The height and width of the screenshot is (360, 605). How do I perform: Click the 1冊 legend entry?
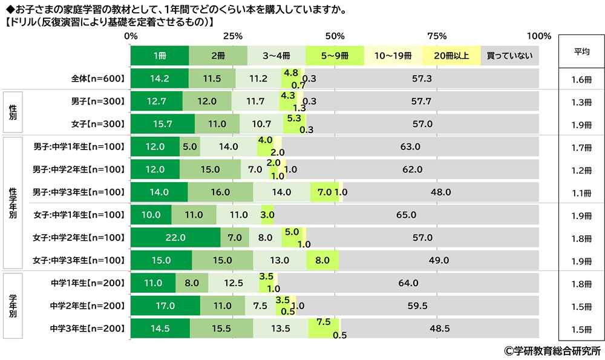[x=159, y=55]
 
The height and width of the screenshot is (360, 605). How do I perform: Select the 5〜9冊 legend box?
[x=335, y=55]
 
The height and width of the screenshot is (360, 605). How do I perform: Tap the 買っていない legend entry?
[x=509, y=55]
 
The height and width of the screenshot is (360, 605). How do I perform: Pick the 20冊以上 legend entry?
[x=451, y=55]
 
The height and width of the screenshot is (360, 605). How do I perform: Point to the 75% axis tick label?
[x=436, y=36]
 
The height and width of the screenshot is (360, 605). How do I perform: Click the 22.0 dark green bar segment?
[x=175, y=238]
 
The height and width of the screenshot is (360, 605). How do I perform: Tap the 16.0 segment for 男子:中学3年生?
[x=220, y=192]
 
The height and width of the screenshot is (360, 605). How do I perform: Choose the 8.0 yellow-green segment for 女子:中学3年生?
[x=322, y=261]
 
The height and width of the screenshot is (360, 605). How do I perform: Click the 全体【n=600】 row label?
[x=97, y=79]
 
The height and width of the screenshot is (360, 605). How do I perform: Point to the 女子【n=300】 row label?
[x=97, y=124]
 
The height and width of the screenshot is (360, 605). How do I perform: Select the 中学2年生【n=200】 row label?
[x=88, y=306]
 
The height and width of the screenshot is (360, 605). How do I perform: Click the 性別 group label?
[x=13, y=113]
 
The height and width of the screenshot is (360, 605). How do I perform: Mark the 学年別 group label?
[x=13, y=306]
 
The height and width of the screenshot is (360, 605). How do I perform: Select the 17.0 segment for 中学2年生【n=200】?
[x=165, y=306]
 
